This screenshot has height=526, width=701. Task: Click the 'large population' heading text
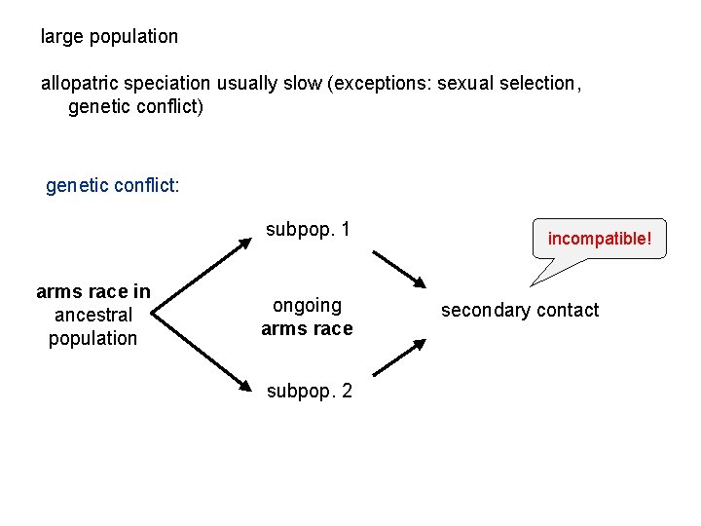[109, 37]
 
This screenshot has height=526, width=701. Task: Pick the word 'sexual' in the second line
[465, 83]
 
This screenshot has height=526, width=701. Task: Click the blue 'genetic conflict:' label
[112, 185]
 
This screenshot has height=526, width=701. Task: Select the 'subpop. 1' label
[309, 230]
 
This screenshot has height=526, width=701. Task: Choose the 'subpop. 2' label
[310, 392]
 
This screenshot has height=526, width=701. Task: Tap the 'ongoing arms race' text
[307, 318]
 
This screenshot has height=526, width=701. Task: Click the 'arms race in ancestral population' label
[93, 315]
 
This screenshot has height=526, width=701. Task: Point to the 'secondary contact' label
[520, 310]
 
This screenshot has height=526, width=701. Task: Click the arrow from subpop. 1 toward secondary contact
[398, 269]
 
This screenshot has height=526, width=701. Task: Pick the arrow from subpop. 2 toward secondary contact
[398, 357]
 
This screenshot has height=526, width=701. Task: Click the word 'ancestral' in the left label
[93, 315]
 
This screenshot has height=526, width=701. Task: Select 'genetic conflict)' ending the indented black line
[136, 106]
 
